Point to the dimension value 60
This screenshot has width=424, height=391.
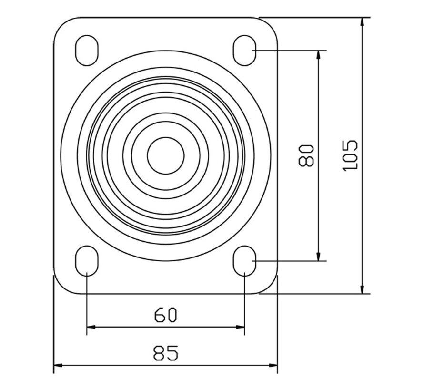(165, 315)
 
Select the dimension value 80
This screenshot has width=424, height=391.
(306, 155)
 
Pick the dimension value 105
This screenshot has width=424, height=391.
(350, 155)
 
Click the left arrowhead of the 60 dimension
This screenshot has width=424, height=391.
(91, 327)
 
